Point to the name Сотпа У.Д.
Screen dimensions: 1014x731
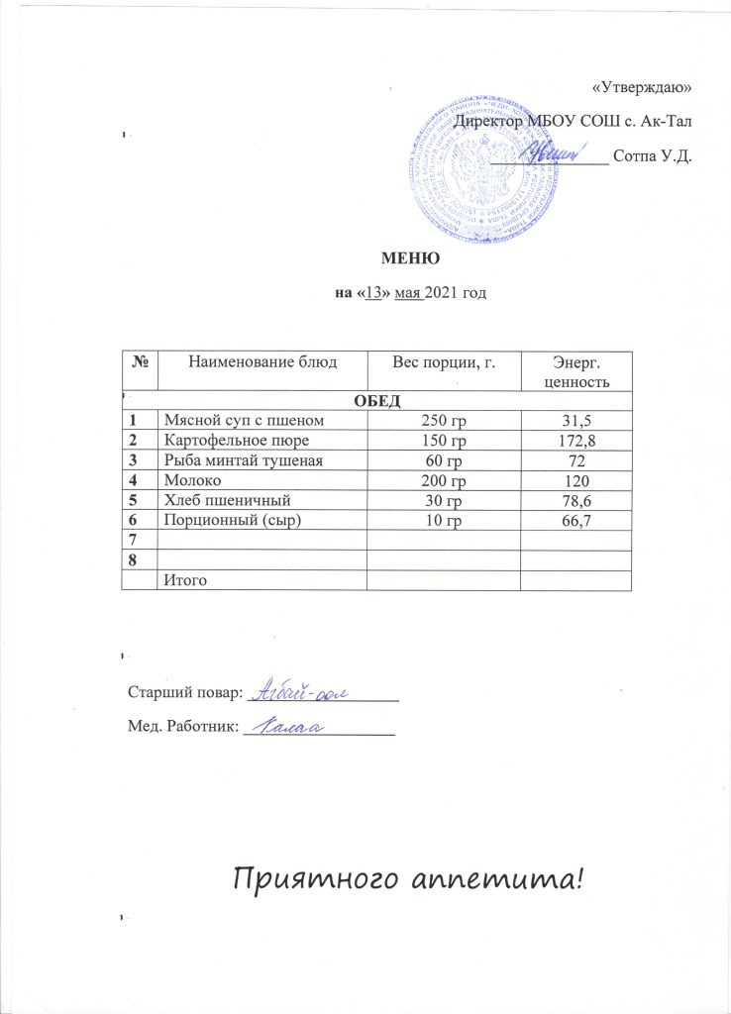652,155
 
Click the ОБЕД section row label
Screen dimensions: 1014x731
375,401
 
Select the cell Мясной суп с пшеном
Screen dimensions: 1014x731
230,420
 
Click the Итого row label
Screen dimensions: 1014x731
185,578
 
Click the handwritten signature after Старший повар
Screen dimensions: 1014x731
306,691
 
